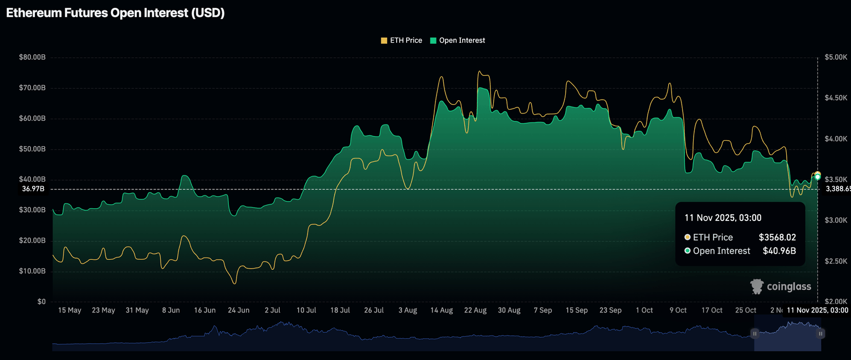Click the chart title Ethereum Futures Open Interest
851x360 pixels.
pyautogui.click(x=115, y=13)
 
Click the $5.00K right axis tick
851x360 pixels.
pyautogui.click(x=835, y=57)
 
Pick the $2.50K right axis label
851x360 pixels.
pyautogui.click(x=835, y=261)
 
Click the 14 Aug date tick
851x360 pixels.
pyautogui.click(x=442, y=310)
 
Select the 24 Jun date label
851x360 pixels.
pyautogui.click(x=238, y=310)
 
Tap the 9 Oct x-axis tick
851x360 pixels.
pyautogui.click(x=678, y=310)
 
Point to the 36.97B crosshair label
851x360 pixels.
pyautogui.click(x=33, y=189)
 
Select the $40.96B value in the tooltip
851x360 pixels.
pyautogui.click(x=779, y=251)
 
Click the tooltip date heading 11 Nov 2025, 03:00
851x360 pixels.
pyautogui.click(x=722, y=218)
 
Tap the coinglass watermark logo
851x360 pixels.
pyautogui.click(x=780, y=286)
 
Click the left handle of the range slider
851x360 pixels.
pyautogui.click(x=755, y=333)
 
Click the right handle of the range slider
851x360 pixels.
pyautogui.click(x=821, y=333)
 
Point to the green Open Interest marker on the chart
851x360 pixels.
pyautogui.click(x=817, y=177)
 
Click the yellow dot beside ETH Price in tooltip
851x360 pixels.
pyautogui.click(x=688, y=237)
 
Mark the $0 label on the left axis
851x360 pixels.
pyautogui.click(x=42, y=302)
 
